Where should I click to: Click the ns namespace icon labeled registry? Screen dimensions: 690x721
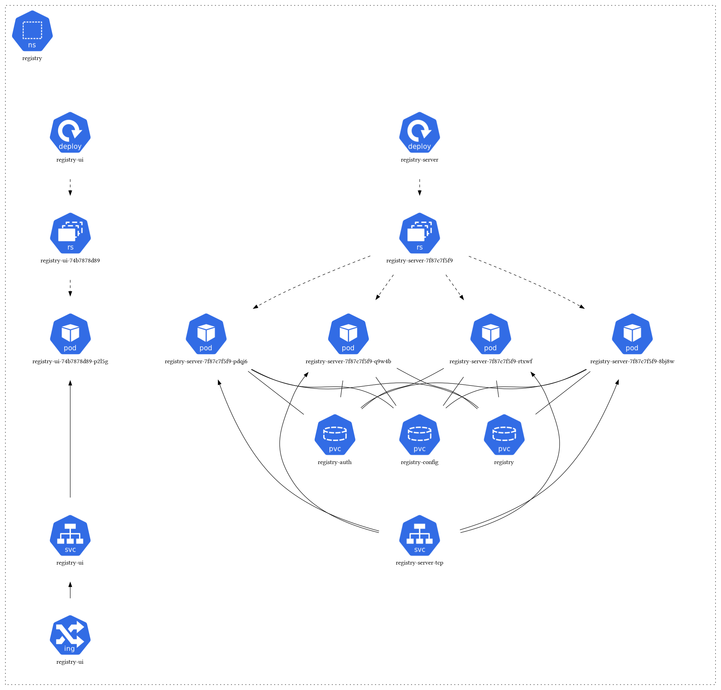click(x=32, y=31)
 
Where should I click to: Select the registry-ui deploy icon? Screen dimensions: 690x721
click(x=70, y=132)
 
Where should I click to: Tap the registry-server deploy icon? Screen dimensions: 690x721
click(x=419, y=132)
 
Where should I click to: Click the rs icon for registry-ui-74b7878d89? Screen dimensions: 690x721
click(x=70, y=233)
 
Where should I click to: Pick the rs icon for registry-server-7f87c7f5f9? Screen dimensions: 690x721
click(x=419, y=233)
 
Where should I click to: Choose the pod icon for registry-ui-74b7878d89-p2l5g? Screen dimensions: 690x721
click(x=70, y=334)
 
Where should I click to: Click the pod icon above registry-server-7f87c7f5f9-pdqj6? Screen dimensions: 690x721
click(x=206, y=334)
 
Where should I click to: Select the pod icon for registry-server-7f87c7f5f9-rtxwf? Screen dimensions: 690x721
click(x=491, y=334)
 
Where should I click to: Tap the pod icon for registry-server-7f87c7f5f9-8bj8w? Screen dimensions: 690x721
click(x=632, y=334)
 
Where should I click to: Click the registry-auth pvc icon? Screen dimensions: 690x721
click(x=335, y=435)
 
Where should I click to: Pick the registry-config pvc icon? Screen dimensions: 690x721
click(x=419, y=435)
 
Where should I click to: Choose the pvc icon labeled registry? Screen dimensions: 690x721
click(x=504, y=435)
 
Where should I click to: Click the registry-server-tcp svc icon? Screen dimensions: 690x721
click(x=419, y=536)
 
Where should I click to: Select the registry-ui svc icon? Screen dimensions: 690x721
click(x=70, y=536)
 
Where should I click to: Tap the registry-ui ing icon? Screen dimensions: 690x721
click(x=70, y=636)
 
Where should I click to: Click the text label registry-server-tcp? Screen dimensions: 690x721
click(x=419, y=563)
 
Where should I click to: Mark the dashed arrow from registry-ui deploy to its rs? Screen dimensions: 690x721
click(x=70, y=187)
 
